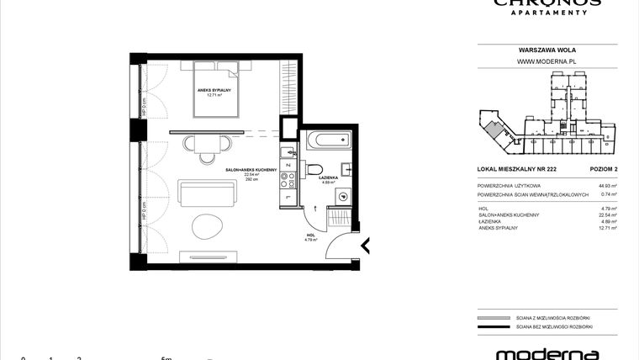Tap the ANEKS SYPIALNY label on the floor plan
click(x=214, y=90)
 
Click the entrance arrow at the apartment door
click(x=365, y=246)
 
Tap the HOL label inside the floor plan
click(x=309, y=235)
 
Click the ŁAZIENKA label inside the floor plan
click(x=328, y=178)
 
